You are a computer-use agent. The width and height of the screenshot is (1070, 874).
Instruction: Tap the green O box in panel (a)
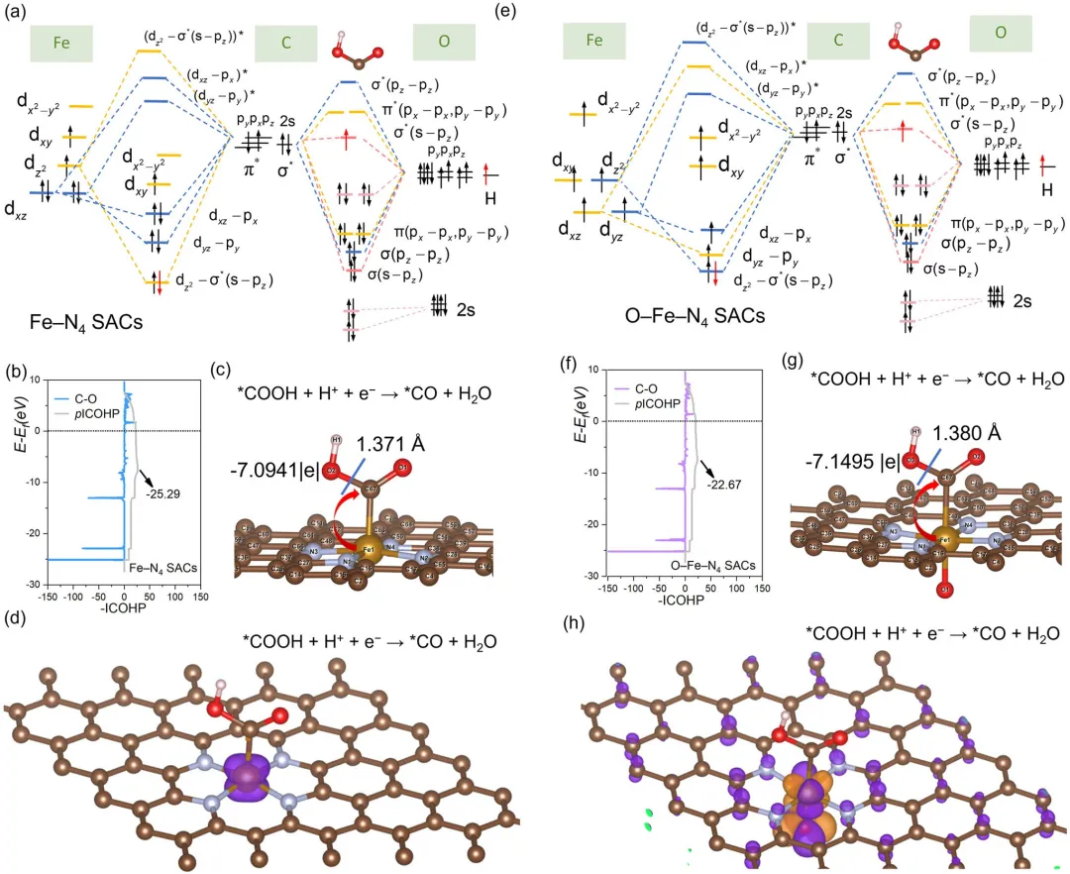point(443,43)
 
